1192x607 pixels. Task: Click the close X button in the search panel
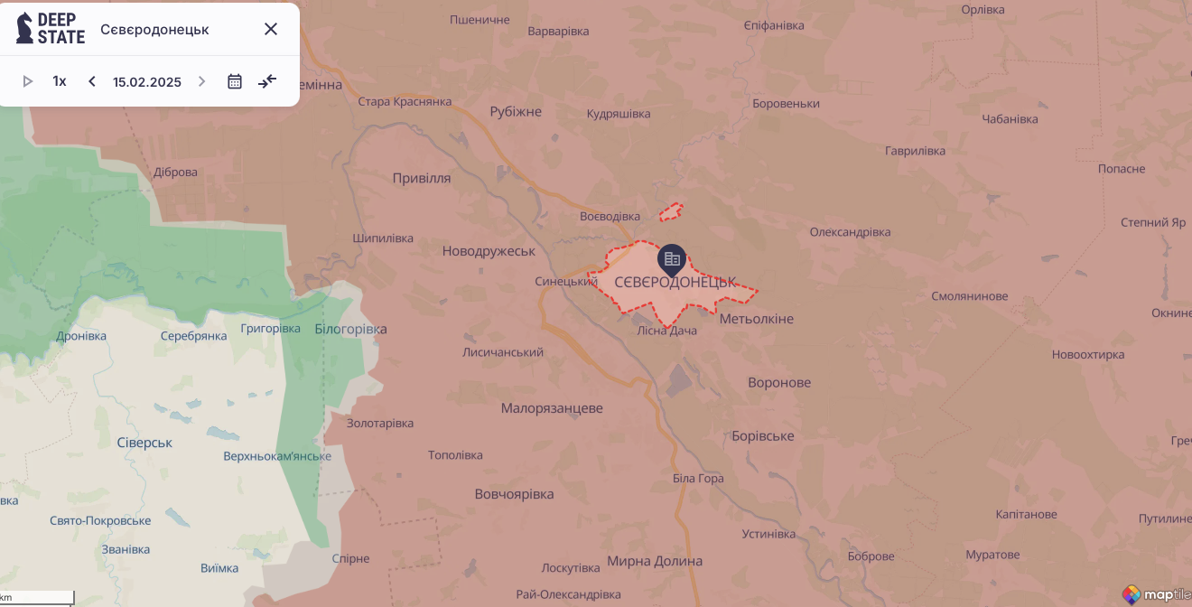coord(271,29)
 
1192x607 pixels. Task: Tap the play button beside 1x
coord(28,81)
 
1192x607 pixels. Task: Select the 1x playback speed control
coord(60,81)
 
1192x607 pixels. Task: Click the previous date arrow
coord(92,81)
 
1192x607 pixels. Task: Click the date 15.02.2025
coord(147,81)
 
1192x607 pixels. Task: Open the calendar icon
coord(235,81)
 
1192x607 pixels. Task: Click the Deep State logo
coord(51,29)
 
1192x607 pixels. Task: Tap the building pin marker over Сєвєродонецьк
coord(672,260)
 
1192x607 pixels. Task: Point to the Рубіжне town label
coord(516,112)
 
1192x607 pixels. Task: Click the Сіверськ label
coord(144,443)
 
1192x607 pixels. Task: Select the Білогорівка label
coord(350,329)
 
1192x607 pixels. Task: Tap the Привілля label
coord(422,178)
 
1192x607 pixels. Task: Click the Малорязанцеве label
coord(552,408)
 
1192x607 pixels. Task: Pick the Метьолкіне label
coord(757,319)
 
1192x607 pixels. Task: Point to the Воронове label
coord(779,382)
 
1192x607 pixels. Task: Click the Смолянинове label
coord(970,296)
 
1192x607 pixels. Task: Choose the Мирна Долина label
coord(655,561)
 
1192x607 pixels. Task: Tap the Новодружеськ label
coord(489,250)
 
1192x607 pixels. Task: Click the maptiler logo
coord(1155,594)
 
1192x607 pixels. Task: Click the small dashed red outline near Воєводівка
coord(670,212)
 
